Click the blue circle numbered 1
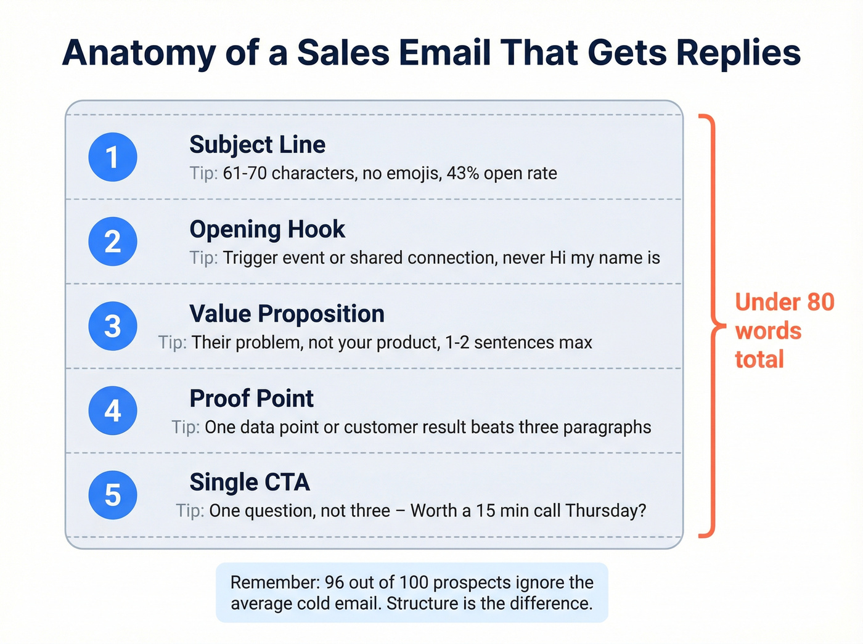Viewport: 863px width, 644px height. point(113,157)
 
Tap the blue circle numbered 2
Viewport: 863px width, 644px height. point(113,242)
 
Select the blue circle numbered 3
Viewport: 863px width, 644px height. point(113,326)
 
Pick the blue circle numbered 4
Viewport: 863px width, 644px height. point(113,410)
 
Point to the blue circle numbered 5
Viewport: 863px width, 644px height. point(113,495)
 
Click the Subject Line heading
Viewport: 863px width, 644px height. point(257,145)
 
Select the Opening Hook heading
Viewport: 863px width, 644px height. point(267,229)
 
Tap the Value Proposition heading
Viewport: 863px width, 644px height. point(287,314)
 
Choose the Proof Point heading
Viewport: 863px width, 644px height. point(252,399)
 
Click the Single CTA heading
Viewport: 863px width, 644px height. point(249,483)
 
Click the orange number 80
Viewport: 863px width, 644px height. point(820,303)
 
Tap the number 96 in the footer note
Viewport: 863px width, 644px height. point(334,582)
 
